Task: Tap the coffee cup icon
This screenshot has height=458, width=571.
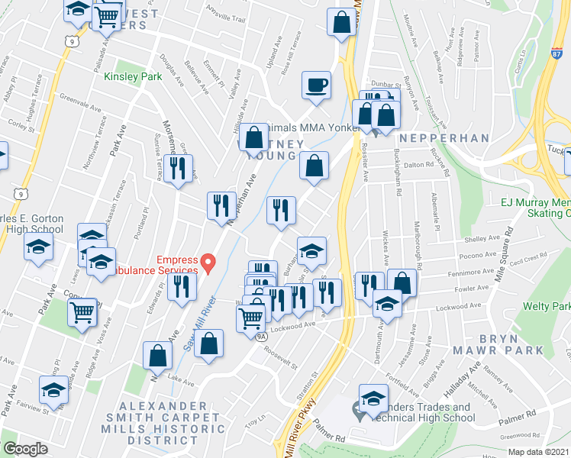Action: [315, 85]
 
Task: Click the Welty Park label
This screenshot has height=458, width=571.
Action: [546, 306]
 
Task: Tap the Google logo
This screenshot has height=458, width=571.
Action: [25, 449]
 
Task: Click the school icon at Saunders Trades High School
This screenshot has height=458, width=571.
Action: [373, 400]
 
